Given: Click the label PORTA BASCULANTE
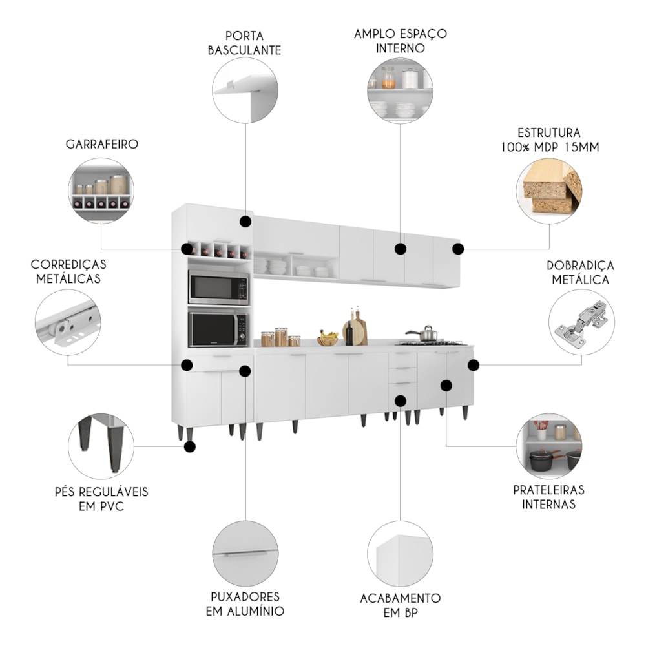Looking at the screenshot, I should click(244, 42).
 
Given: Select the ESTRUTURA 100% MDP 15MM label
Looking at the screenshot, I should click(549, 140).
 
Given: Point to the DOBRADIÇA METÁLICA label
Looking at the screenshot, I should click(580, 273).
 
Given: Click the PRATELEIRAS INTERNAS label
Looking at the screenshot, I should click(548, 497).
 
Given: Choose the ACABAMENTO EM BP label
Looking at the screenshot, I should click(400, 605).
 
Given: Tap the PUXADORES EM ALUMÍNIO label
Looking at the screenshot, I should click(245, 603).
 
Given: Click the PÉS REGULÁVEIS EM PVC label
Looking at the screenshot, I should click(101, 499).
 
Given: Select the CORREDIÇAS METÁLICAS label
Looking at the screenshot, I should click(68, 271).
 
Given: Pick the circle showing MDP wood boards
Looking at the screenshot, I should click(550, 191).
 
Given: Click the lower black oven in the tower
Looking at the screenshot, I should click(218, 329).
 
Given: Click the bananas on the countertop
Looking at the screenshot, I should click(329, 337).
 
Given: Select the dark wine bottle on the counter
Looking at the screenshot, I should click(349, 332).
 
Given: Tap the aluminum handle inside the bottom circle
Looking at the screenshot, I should click(245, 555).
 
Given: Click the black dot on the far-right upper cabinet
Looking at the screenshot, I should click(457, 249).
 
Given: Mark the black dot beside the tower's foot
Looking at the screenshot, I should click(189, 446).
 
